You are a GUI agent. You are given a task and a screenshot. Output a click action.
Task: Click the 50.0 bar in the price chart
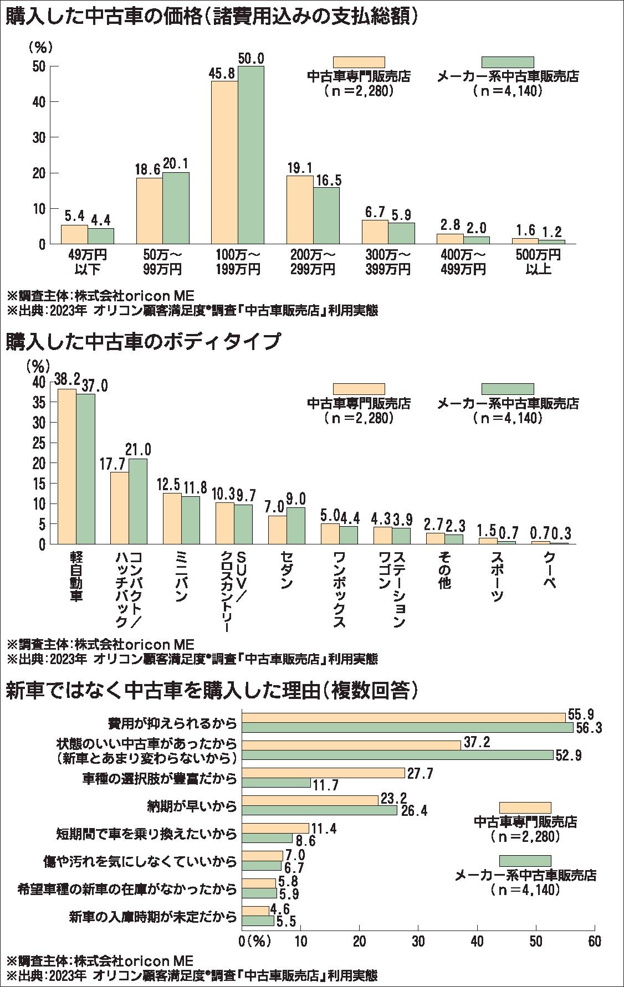251,155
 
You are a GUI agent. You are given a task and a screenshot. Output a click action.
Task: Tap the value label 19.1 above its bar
299,167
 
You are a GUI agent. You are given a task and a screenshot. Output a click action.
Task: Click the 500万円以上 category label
538,263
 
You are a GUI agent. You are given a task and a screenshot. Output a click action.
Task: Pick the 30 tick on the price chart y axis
38,137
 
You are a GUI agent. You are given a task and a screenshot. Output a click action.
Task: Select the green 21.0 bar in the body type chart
138,501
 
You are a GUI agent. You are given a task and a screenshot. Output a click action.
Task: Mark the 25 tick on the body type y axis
38,443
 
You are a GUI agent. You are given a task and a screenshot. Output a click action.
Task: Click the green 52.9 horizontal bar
398,755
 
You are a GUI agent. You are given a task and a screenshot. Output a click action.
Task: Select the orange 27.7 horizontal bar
324,773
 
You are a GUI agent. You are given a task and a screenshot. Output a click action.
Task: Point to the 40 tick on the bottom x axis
477,942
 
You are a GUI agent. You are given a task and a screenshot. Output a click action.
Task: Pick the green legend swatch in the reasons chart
525,861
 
